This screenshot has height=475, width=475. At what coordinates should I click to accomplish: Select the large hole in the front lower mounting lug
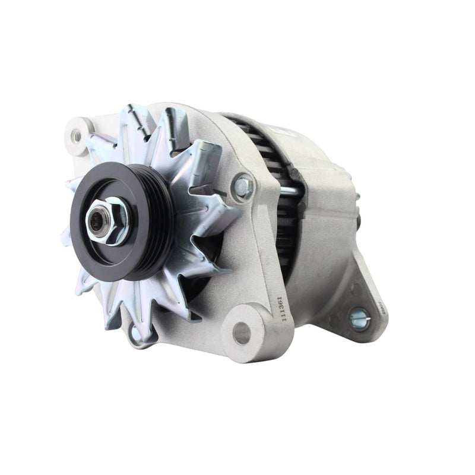(242, 333)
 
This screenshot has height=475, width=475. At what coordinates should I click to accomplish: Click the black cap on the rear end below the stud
(360, 220)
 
